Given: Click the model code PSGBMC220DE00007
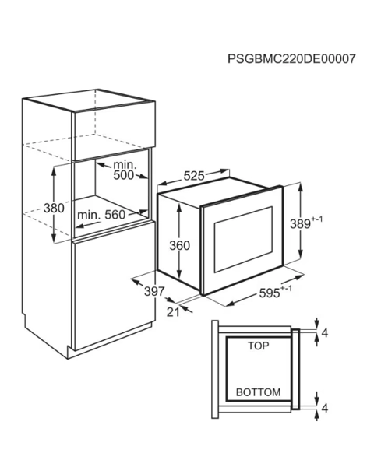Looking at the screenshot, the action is click(291, 58).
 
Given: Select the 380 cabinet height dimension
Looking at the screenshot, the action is click(54, 208).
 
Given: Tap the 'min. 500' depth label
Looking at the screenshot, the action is click(125, 170).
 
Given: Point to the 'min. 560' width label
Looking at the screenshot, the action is click(101, 215).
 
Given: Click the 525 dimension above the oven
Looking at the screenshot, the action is click(194, 176).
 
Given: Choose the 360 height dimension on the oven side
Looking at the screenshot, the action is click(179, 245).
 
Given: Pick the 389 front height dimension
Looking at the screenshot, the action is click(306, 223).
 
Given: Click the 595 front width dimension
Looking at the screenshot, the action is click(275, 292).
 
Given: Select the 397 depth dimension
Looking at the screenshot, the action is click(154, 291).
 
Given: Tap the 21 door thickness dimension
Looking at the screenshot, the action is click(173, 312).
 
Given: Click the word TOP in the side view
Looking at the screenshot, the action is click(259, 346).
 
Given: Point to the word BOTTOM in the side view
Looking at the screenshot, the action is click(259, 392).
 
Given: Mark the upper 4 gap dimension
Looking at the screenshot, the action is click(325, 332).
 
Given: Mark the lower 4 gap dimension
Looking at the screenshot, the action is click(325, 408).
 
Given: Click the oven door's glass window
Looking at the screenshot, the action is click(243, 240).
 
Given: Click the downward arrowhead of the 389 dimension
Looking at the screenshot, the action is click(301, 255).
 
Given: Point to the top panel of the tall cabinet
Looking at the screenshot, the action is click(89, 100).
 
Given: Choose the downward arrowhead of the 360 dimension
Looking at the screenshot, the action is click(179, 274).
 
